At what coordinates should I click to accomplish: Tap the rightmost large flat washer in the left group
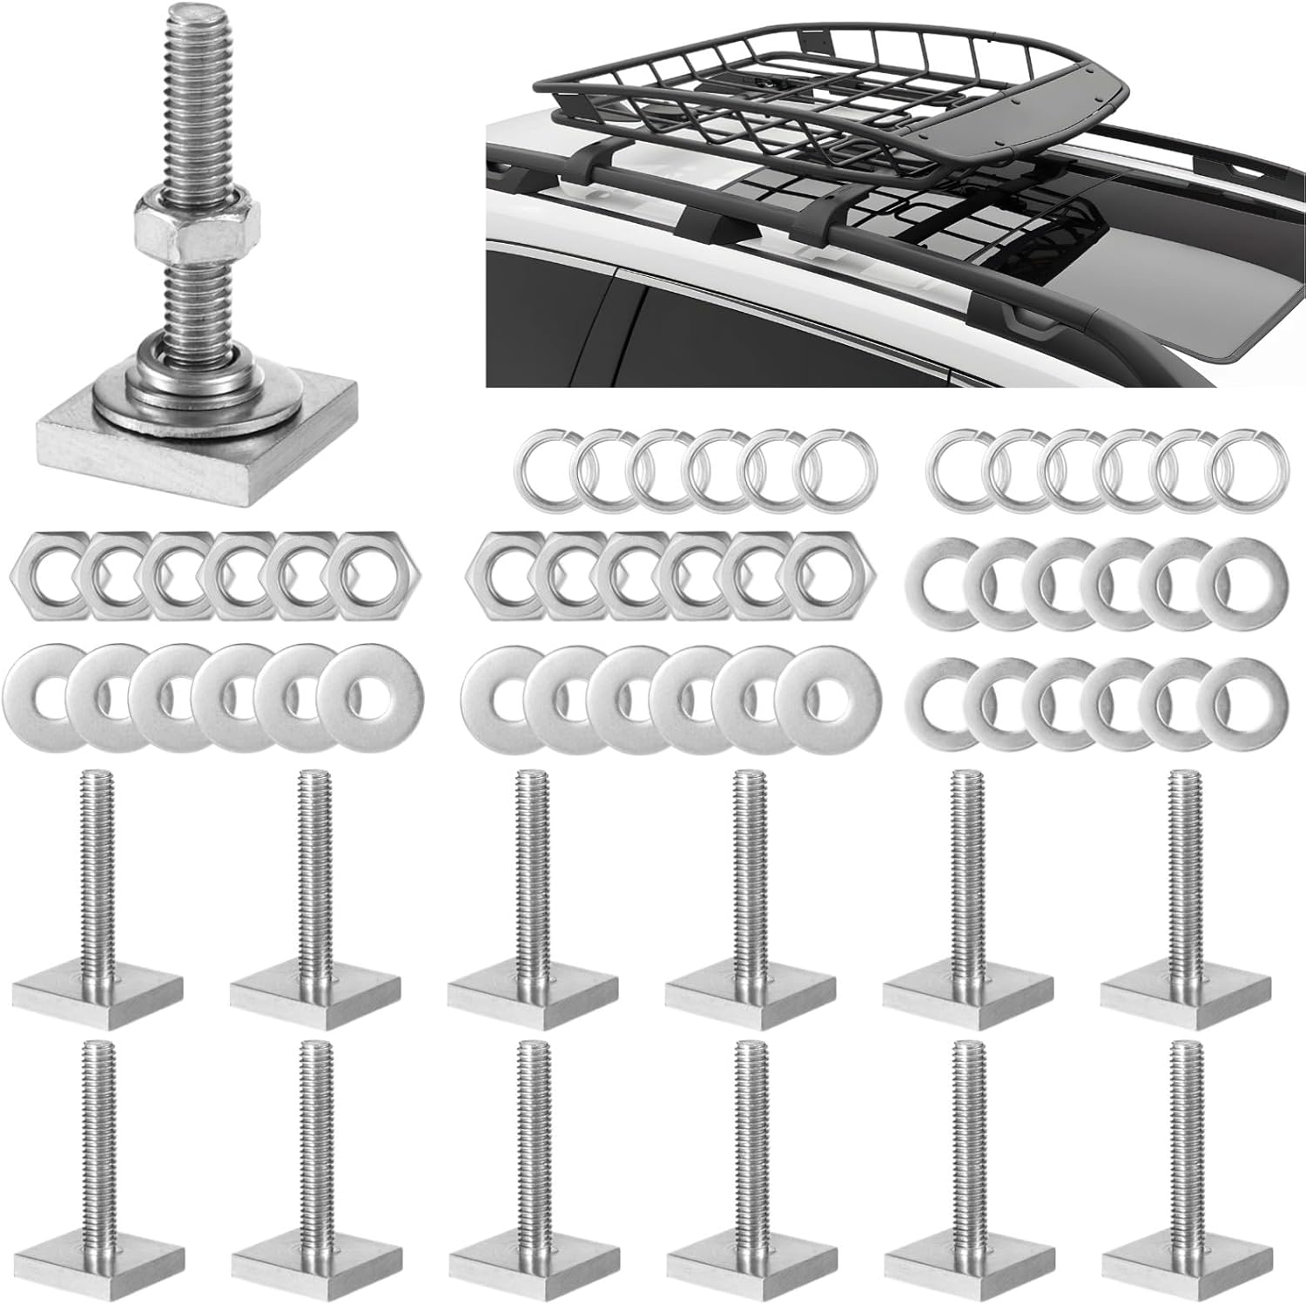click(x=370, y=696)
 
